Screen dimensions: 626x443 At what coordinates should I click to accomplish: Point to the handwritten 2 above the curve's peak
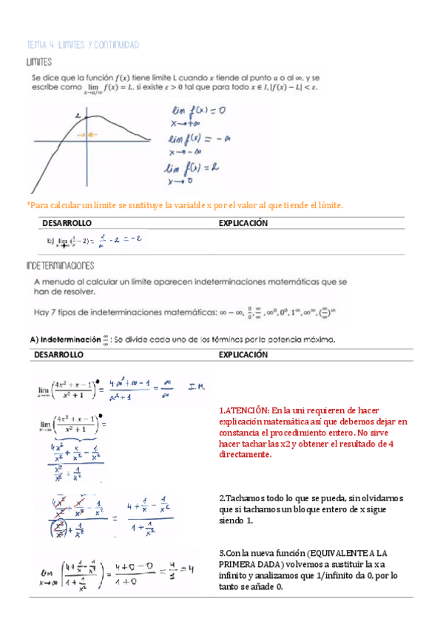[78, 115]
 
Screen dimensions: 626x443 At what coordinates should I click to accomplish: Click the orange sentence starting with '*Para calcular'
[185, 204]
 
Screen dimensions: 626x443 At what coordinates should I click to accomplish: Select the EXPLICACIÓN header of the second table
[243, 355]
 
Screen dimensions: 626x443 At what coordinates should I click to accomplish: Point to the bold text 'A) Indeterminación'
[67, 340]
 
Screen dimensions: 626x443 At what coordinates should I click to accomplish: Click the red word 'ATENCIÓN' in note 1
[248, 411]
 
